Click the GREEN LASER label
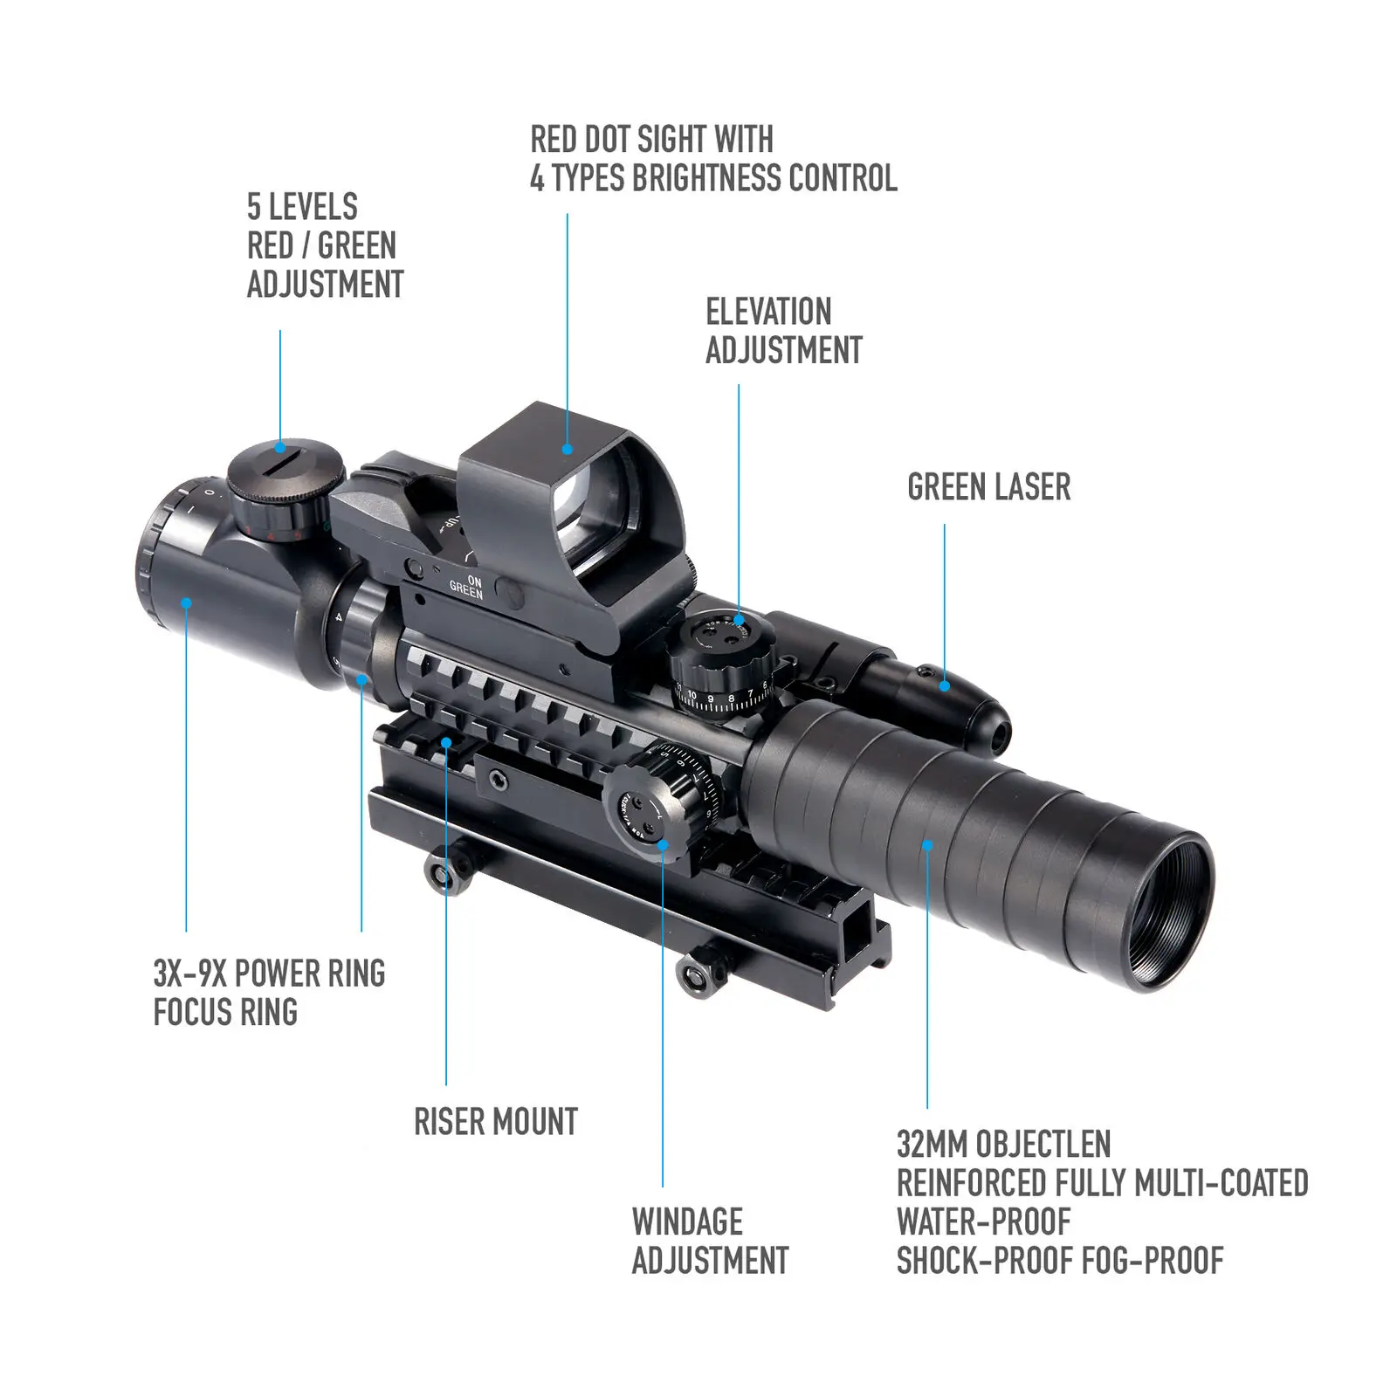coord(988,487)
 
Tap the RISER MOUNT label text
coord(495,1122)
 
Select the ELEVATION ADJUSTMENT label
coord(783,331)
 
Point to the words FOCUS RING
coord(225,1013)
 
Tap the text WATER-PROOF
coord(983,1222)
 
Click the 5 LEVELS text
coord(302,207)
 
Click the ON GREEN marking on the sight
coord(467,588)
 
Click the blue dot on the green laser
coord(944,686)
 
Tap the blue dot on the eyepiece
coord(186,602)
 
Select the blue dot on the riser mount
coord(446,743)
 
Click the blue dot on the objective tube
coord(927,844)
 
